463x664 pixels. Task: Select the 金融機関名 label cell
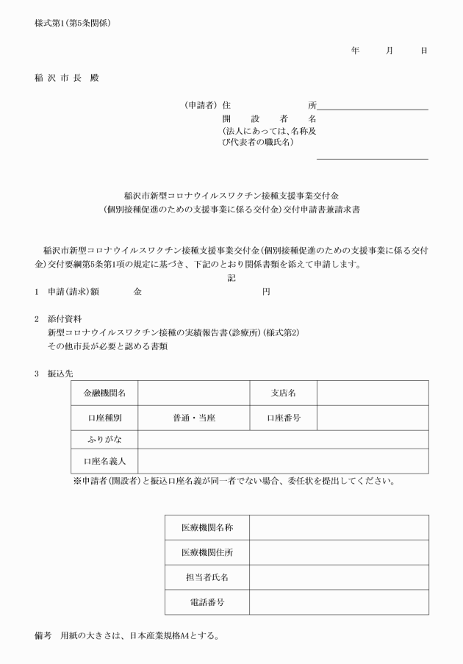104,393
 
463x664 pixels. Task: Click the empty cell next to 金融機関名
194,393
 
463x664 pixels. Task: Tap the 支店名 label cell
284,393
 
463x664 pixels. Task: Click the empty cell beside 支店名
373,393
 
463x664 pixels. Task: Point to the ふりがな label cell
104,439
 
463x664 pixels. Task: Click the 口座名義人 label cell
104,461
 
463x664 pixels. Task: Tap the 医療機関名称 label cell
207,527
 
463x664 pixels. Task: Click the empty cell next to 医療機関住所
339,552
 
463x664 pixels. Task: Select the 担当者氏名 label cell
207,577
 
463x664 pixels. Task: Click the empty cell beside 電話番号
339,602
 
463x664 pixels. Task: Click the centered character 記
232,279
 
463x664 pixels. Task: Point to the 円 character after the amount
266,292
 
